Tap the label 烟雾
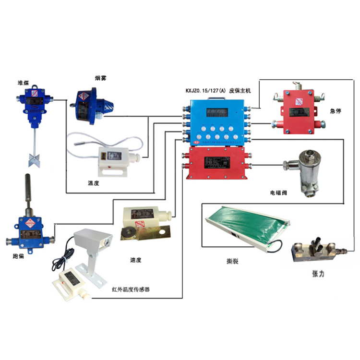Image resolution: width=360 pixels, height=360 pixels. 101,77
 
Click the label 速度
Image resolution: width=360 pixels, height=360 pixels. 135,260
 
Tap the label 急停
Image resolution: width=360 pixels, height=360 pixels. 336,110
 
